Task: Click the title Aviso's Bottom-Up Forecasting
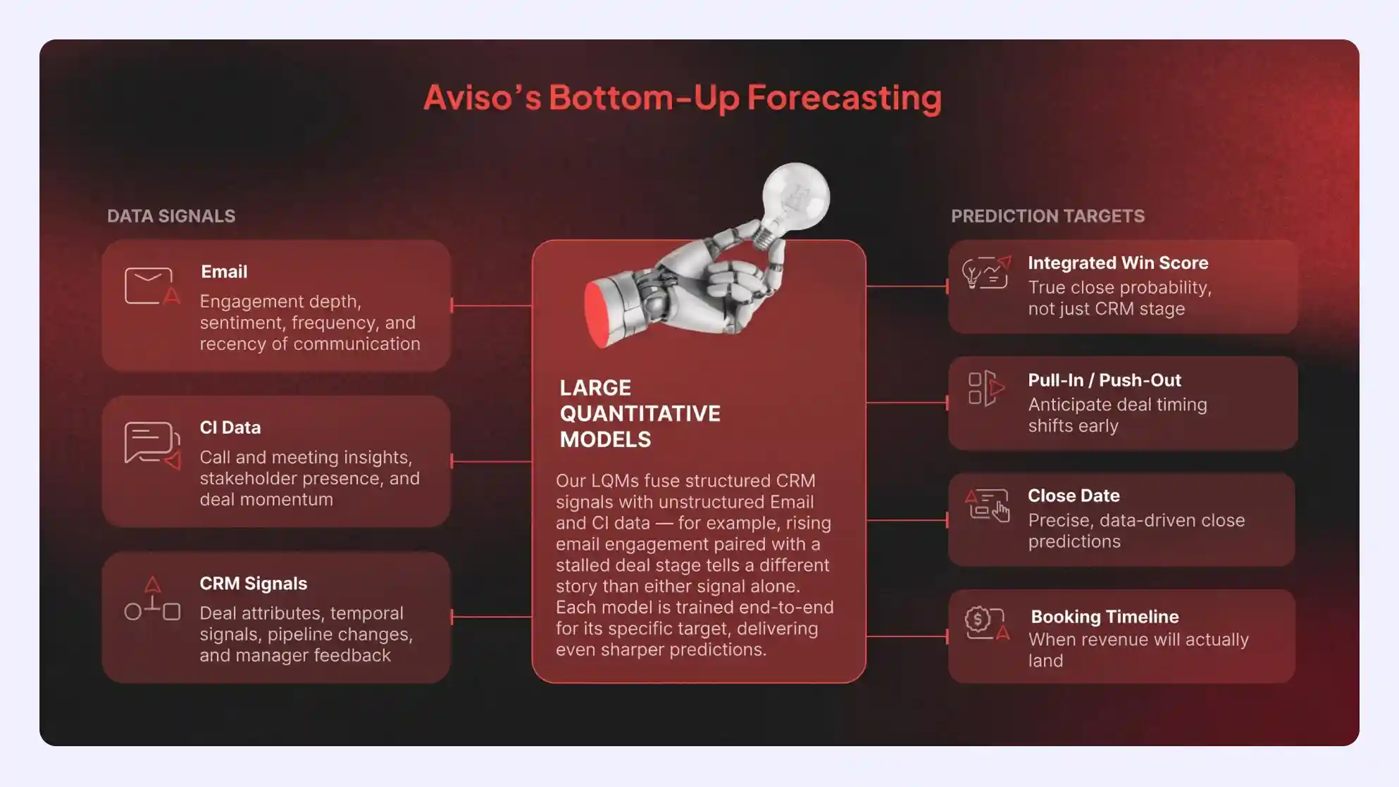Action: (x=682, y=97)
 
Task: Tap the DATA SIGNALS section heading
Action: (x=171, y=216)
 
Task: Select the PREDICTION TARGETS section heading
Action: (x=1047, y=216)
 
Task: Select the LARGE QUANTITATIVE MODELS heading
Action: (x=640, y=413)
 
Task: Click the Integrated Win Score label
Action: (x=1118, y=263)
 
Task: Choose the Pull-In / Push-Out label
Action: (x=1105, y=380)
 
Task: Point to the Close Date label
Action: (x=1074, y=496)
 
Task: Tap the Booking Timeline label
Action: (x=1105, y=617)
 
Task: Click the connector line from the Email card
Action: (x=491, y=306)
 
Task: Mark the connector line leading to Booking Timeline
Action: (x=907, y=636)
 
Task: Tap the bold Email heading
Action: (x=224, y=272)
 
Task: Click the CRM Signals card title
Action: (x=254, y=584)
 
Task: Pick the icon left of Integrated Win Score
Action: (x=986, y=272)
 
